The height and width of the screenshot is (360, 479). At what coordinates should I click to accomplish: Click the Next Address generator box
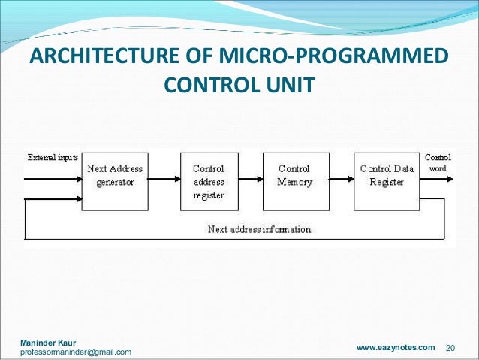114,180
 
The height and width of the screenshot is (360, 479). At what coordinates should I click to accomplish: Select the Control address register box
209,180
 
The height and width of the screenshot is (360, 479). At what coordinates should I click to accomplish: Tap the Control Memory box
294,180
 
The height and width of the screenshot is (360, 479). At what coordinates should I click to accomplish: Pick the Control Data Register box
385,180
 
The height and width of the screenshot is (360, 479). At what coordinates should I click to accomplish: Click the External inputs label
53,158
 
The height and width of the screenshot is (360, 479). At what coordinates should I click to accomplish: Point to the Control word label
437,163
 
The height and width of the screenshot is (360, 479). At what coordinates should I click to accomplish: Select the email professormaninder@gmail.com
76,352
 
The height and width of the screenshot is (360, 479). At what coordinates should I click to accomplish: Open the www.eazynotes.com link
395,347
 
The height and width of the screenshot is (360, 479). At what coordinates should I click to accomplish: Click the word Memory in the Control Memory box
294,183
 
